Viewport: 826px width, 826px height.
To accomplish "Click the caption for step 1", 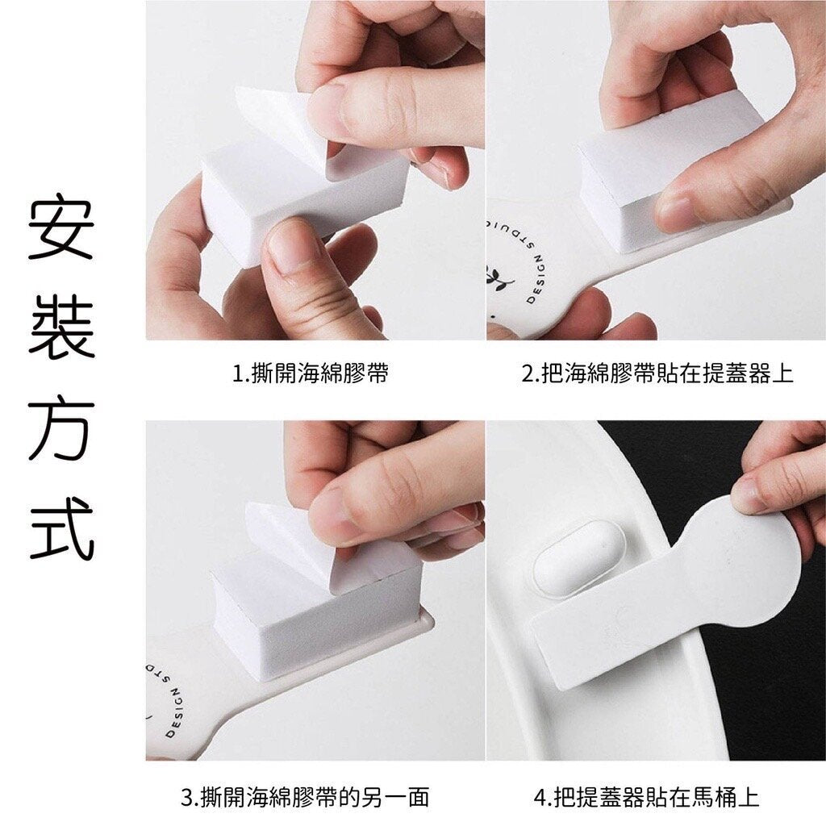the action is [x=311, y=373].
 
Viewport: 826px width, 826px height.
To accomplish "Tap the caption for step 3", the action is [x=305, y=797].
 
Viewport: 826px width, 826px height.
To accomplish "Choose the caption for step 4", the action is [x=646, y=797].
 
